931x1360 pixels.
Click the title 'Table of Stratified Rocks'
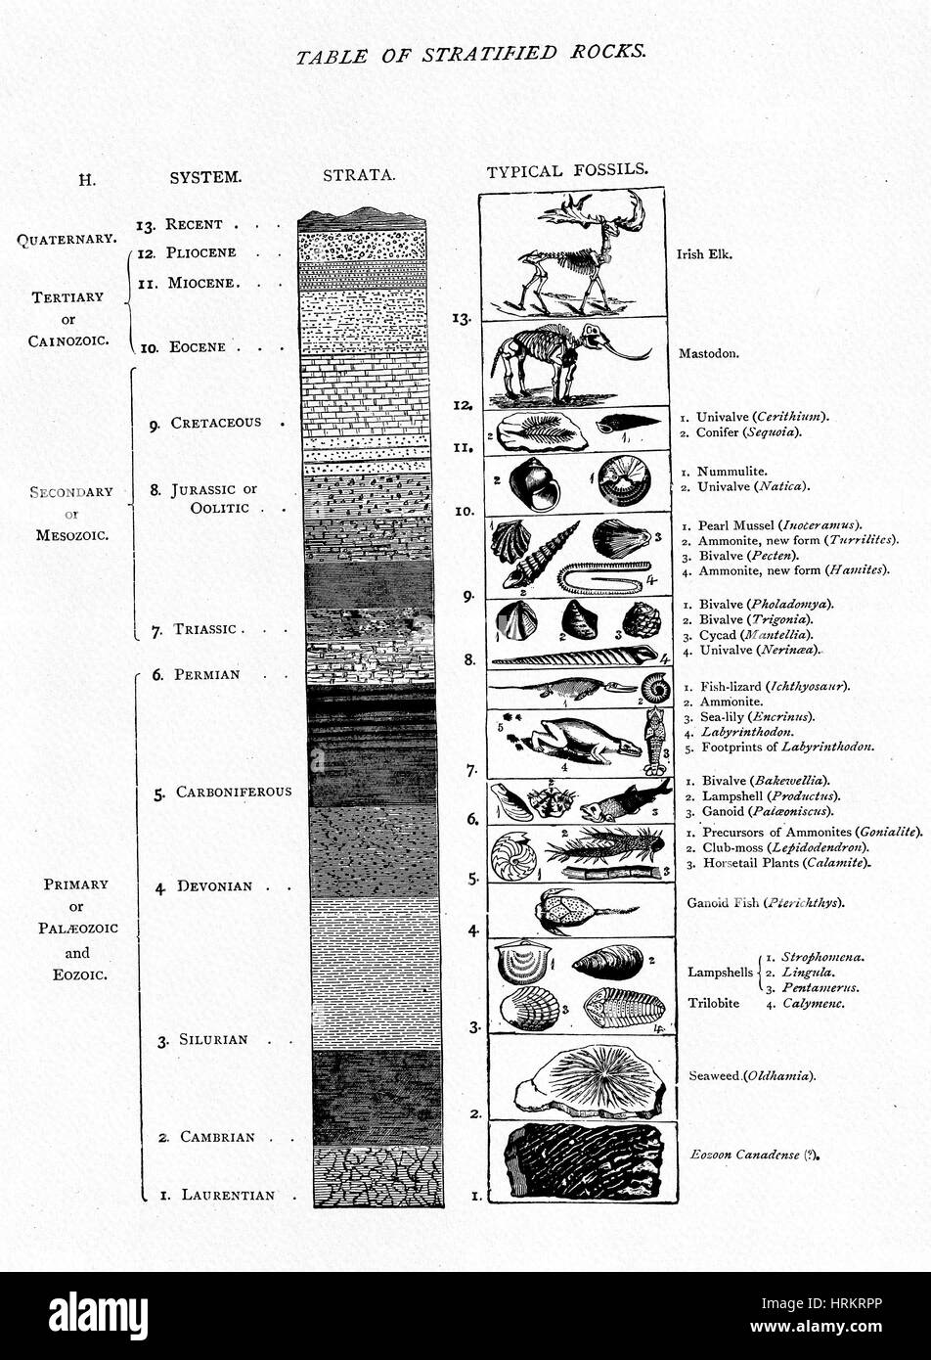pyautogui.click(x=470, y=54)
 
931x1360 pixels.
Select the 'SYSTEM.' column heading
pyautogui.click(x=205, y=177)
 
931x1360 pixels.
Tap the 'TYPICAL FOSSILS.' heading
pyautogui.click(x=567, y=170)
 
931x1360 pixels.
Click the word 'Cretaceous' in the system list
pyautogui.click(x=215, y=423)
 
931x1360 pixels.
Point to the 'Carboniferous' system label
pyautogui.click(x=233, y=792)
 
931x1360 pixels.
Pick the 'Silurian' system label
pyautogui.click(x=212, y=1039)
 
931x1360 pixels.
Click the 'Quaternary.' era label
pyautogui.click(x=67, y=238)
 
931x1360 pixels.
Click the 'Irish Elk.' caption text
pyautogui.click(x=704, y=253)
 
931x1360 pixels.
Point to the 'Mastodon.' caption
pyautogui.click(x=709, y=353)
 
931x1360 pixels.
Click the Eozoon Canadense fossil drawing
pyautogui.click(x=583, y=1162)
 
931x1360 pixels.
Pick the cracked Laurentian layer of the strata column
pyautogui.click(x=377, y=1177)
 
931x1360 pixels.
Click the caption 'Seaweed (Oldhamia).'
pyautogui.click(x=751, y=1076)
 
